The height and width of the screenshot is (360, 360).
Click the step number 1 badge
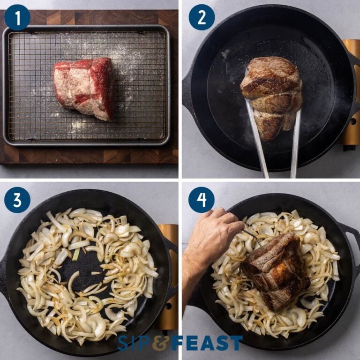coord(17,17)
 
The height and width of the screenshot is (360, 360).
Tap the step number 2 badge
coord(202,17)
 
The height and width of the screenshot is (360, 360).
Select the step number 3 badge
coord(17,200)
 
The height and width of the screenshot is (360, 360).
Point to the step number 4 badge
coord(202,200)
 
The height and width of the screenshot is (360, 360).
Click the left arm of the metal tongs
coord(257,141)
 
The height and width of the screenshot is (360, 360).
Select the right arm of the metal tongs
coord(295,145)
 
